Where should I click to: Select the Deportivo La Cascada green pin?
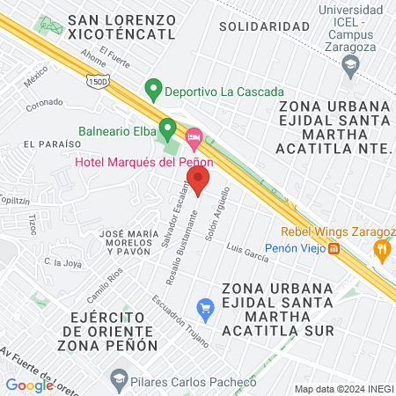pyautogui.click(x=153, y=89)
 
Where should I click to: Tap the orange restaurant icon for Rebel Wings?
pyautogui.click(x=381, y=249)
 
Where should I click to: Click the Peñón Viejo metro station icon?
pyautogui.click(x=335, y=249)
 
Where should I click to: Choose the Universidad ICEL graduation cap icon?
pyautogui.click(x=351, y=63)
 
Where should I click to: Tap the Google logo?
pyautogui.click(x=29, y=385)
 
